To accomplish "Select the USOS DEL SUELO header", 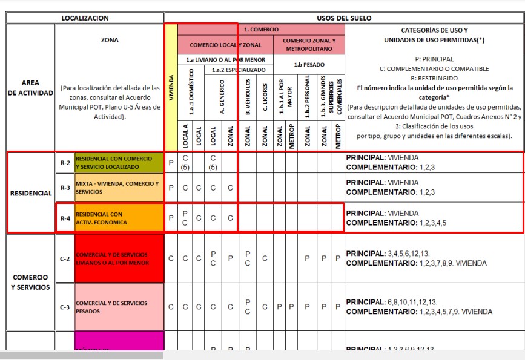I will [x=344, y=18].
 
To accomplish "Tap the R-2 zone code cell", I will [x=65, y=162].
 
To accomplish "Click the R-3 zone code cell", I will [x=65, y=188].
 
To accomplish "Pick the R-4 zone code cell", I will [x=65, y=218].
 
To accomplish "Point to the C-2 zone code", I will [x=65, y=258].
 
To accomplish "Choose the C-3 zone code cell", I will [x=65, y=307].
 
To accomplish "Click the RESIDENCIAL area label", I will [x=31, y=193].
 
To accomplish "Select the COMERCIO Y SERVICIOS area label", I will [x=31, y=282].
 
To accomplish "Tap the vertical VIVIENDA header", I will [x=171, y=87].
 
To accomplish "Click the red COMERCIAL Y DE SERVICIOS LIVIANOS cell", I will [x=119, y=258].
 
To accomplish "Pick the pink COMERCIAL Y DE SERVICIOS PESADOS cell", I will [x=119, y=307].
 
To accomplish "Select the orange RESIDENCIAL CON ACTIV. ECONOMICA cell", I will [x=119, y=218].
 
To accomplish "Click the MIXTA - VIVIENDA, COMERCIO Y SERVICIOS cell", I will [x=119, y=188].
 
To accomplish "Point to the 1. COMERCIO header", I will [x=261, y=30].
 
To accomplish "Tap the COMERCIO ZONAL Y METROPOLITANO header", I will [x=309, y=45].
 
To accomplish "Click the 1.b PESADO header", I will [x=309, y=64].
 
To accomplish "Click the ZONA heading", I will [x=110, y=41].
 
